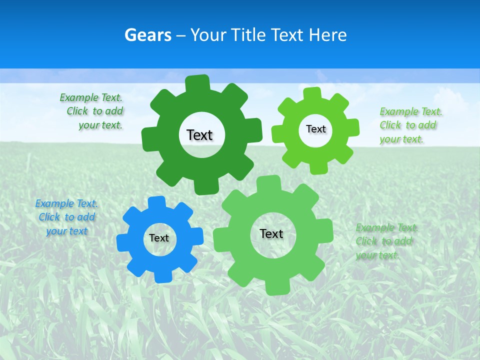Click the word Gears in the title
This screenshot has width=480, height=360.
tap(147, 35)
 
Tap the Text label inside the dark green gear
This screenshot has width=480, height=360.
tap(199, 135)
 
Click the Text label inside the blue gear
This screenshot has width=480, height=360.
tap(159, 238)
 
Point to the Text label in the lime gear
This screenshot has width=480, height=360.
tap(315, 129)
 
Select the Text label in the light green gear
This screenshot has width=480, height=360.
tap(271, 233)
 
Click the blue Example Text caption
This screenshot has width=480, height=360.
tap(66, 217)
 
